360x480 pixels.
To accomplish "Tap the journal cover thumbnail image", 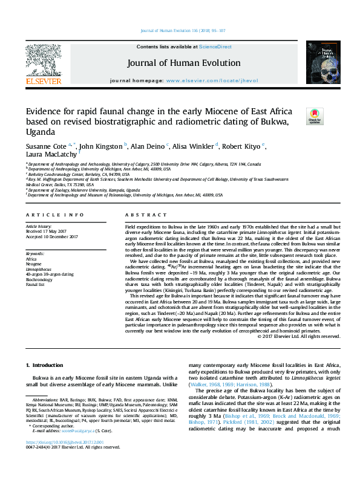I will point(318,62).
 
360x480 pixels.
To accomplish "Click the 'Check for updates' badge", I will point(315,115).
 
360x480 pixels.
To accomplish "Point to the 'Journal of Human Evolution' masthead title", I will point(183,63).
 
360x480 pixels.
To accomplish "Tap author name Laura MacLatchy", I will point(51,155).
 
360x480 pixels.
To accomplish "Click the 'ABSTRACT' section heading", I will point(142,215).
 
